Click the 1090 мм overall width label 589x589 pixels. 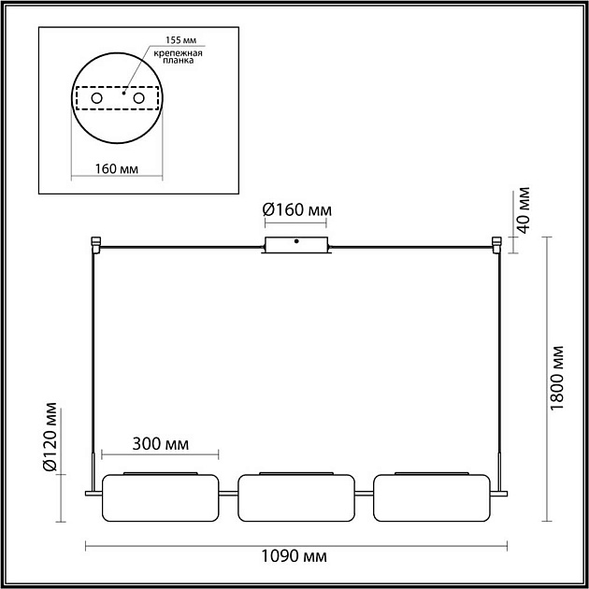tap(294, 556)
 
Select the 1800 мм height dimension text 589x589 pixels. tap(556, 379)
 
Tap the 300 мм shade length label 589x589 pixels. tap(161, 444)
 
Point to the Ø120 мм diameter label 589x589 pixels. tap(50, 437)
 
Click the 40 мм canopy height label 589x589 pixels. tap(523, 210)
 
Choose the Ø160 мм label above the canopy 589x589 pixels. tap(297, 210)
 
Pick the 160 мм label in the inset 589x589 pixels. tap(117, 169)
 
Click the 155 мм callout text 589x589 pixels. tap(181, 40)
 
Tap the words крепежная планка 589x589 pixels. tap(179, 56)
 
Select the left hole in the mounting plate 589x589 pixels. tap(97, 98)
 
